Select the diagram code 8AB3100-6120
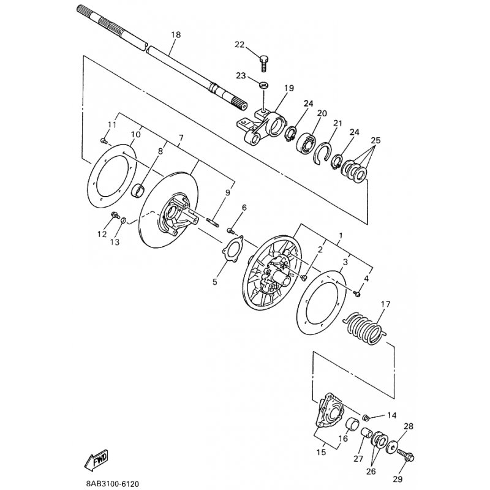pyautogui.click(x=113, y=483)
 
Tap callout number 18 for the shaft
pyautogui.click(x=176, y=35)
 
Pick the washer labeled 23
pyautogui.click(x=264, y=85)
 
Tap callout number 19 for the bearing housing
pyautogui.click(x=289, y=88)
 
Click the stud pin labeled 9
pyautogui.click(x=213, y=221)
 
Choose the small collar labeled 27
pyautogui.click(x=366, y=434)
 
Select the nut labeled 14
pyautogui.click(x=366, y=417)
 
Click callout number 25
pyautogui.click(x=375, y=140)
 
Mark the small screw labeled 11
pyautogui.click(x=104, y=141)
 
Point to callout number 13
pyautogui.click(x=115, y=242)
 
